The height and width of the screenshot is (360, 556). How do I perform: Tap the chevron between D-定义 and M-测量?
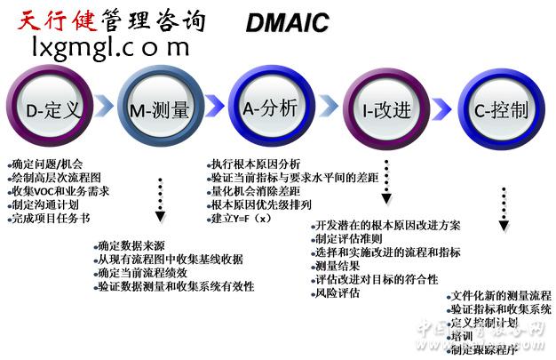click(105, 109)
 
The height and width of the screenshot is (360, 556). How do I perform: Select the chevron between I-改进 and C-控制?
click(441, 109)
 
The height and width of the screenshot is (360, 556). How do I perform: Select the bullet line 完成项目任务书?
click(52, 218)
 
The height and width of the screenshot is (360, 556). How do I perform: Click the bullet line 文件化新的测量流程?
click(500, 295)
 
